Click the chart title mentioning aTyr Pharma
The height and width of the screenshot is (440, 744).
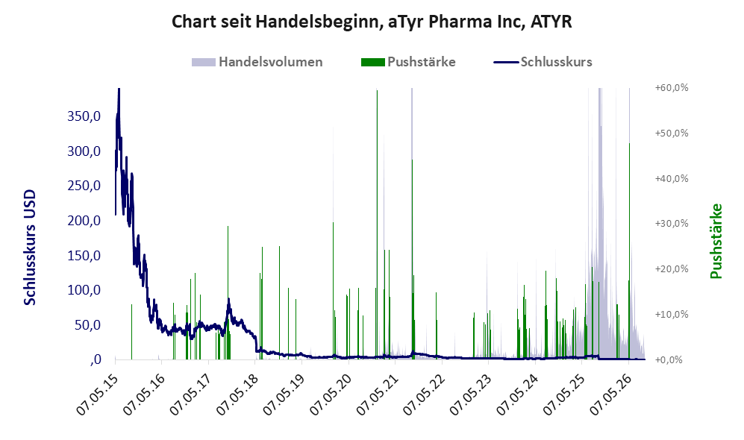(372, 22)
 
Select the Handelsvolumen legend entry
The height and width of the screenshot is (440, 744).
(257, 62)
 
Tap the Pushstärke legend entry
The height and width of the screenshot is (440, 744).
(408, 62)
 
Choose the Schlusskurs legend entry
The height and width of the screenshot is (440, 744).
(543, 62)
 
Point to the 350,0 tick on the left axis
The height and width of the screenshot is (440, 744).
(84, 116)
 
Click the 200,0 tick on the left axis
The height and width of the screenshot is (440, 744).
(84, 221)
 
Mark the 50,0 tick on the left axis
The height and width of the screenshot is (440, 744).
(87, 325)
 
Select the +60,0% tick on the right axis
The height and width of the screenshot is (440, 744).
(672, 88)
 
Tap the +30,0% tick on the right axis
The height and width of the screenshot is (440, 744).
(672, 223)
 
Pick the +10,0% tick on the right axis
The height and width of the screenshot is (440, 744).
(672, 315)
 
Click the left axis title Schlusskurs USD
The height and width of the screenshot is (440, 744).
(29, 248)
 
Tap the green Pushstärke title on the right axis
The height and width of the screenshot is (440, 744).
(716, 241)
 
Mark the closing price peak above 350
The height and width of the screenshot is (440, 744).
(119, 90)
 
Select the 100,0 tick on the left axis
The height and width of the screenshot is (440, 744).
(84, 290)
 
